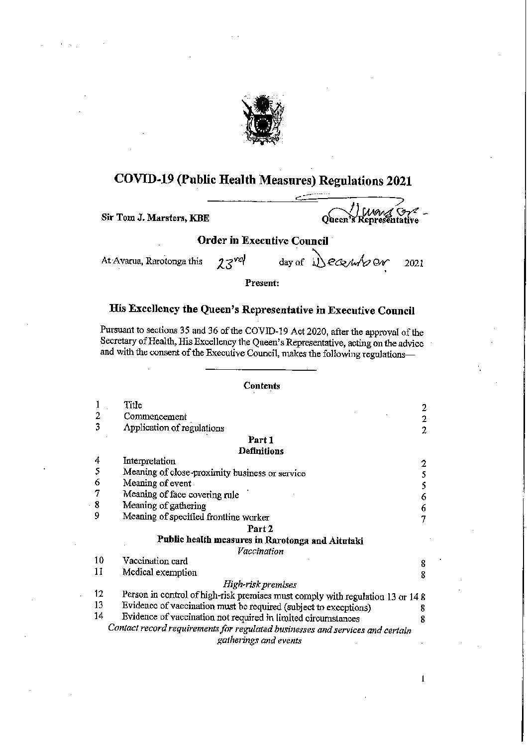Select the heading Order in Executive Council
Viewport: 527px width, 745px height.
tap(263, 241)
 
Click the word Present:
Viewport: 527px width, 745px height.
tap(262, 283)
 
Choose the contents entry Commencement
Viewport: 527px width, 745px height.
tap(155, 417)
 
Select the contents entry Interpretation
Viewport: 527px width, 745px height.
tap(149, 461)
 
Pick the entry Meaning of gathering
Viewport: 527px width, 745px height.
tap(164, 506)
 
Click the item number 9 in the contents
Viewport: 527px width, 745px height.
tap(98, 516)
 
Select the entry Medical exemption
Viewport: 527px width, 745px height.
tap(159, 573)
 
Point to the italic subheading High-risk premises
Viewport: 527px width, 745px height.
tap(260, 584)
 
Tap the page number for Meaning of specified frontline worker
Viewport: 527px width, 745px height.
tap(423, 520)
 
